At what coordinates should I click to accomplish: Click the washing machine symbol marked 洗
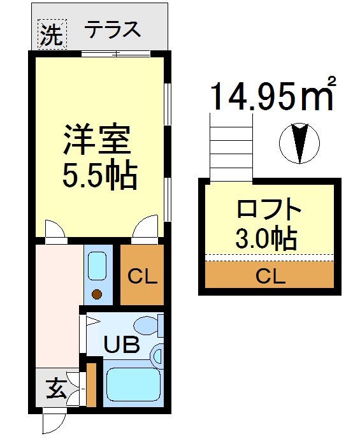(x=52, y=34)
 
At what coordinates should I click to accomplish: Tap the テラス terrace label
(x=113, y=30)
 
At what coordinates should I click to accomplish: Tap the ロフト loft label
(x=267, y=210)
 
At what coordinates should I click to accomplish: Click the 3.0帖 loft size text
(x=266, y=239)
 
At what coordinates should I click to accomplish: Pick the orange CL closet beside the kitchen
(x=142, y=276)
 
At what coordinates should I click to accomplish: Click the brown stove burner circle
(x=97, y=294)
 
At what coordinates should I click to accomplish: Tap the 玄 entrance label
(x=57, y=389)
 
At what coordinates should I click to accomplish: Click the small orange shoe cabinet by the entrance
(x=91, y=384)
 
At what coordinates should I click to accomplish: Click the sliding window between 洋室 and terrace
(x=116, y=54)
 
